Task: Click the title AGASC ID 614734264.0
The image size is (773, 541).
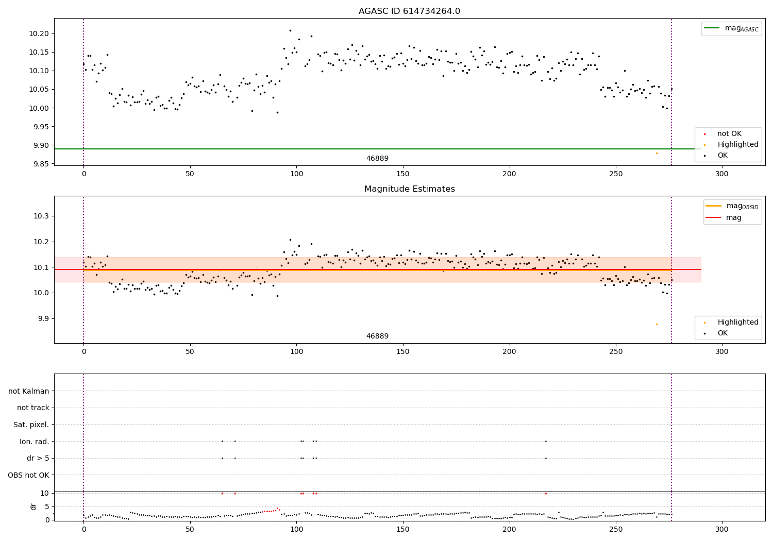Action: pyautogui.click(x=409, y=11)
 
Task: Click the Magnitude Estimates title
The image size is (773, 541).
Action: pyautogui.click(x=409, y=189)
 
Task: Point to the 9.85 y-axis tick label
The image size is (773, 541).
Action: pyautogui.click(x=42, y=164)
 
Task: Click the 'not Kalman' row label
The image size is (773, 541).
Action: pyautogui.click(x=29, y=391)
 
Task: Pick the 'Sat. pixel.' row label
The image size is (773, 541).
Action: pyautogui.click(x=31, y=425)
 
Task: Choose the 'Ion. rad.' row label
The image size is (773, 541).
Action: pyautogui.click(x=34, y=442)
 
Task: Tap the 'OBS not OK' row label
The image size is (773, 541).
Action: pyautogui.click(x=28, y=475)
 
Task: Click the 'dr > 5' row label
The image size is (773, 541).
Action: pyautogui.click(x=38, y=458)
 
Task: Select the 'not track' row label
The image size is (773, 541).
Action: pyautogui.click(x=33, y=408)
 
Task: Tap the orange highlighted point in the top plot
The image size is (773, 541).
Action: pyautogui.click(x=657, y=153)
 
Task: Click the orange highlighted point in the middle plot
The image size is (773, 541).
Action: pyautogui.click(x=657, y=324)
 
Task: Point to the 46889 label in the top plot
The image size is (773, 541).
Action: pyautogui.click(x=377, y=159)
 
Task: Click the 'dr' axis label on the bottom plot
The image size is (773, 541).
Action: pyautogui.click(x=33, y=506)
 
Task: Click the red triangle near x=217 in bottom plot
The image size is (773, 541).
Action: pyautogui.click(x=546, y=493)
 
